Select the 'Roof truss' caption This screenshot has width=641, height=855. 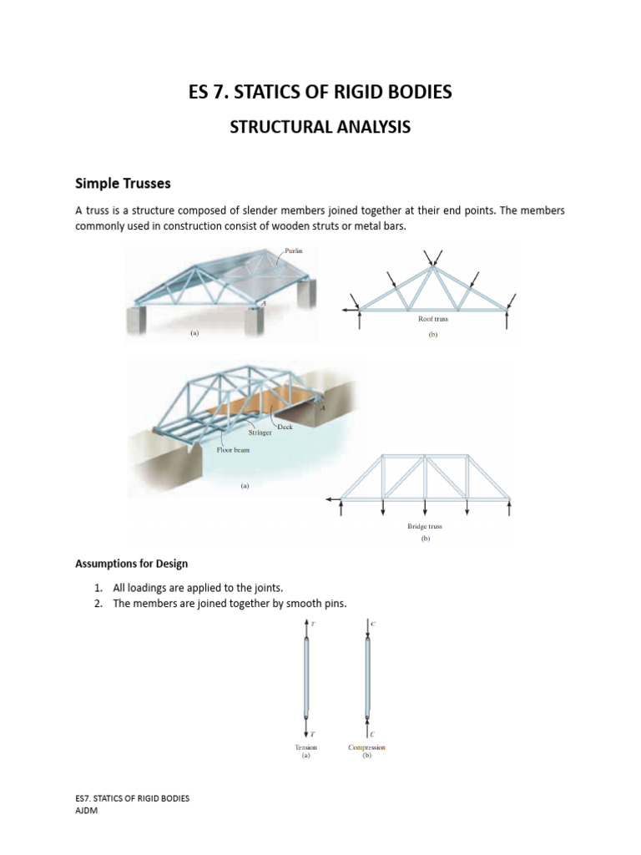tap(433, 319)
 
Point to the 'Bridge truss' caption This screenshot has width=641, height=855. tap(425, 528)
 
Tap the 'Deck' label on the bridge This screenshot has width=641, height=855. tap(285, 427)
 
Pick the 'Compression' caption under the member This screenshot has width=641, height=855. tap(366, 747)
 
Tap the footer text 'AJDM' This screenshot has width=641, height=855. tap(87, 810)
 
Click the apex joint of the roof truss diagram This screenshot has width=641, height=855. tap(433, 267)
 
